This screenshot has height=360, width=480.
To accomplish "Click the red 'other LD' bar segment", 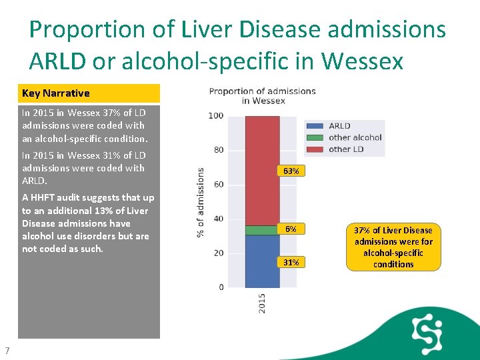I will tap(262, 170).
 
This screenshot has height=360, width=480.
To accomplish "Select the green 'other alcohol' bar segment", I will tap(262, 230).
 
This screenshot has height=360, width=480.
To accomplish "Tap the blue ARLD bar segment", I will tap(262, 261).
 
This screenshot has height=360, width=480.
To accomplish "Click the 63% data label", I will tap(291, 171).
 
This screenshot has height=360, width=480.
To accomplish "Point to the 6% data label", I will tap(291, 229).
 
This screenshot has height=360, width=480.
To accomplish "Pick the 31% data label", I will tap(291, 262).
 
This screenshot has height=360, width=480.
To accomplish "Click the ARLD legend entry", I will tap(339, 126).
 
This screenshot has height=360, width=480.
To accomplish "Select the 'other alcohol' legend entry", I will tap(355, 137).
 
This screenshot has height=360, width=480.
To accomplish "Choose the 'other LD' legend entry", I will tap(345, 149).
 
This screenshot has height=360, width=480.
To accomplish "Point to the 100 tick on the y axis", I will tap(216, 116).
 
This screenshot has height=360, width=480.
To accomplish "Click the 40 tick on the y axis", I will tap(219, 219).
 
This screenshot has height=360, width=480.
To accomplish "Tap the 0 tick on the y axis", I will tap(221, 287).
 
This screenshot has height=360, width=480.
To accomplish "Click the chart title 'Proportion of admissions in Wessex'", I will tap(262, 95).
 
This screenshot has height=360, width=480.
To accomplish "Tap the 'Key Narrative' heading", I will tap(56, 93).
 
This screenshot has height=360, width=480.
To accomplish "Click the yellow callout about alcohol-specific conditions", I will tap(393, 247).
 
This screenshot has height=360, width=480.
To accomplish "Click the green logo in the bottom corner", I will tap(427, 331).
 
